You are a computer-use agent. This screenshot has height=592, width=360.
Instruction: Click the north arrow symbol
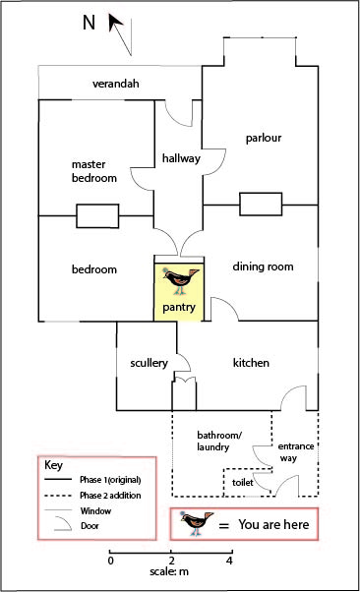point(120,30)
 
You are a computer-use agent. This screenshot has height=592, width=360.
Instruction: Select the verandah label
point(115,84)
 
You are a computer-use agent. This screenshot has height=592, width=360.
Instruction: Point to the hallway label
point(181,158)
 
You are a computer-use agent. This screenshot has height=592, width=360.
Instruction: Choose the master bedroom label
point(94,171)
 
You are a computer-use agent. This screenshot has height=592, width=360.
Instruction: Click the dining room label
point(263,266)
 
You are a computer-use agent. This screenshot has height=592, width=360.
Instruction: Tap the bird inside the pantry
point(178,280)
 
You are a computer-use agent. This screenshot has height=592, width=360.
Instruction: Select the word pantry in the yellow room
point(179,309)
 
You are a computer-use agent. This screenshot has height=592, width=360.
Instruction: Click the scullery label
point(148,363)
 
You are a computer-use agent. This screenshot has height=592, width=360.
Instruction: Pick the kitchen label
point(251,363)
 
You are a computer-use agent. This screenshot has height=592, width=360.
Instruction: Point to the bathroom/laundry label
point(212,441)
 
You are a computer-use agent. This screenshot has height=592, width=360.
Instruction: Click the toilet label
point(242,484)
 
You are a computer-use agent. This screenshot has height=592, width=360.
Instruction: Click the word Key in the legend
point(55,464)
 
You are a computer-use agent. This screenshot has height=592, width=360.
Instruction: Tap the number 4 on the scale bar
point(229,561)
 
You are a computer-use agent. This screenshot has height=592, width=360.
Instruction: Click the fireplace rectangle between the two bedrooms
point(96,216)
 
